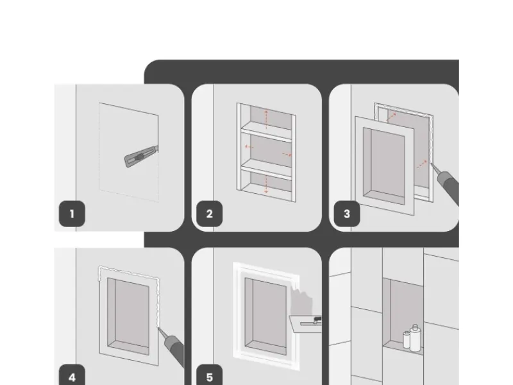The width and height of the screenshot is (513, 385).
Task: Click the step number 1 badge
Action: (72, 214)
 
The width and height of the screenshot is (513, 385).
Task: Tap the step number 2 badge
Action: (210, 214)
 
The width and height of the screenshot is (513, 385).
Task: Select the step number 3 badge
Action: (347, 214)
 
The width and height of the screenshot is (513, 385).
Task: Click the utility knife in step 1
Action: (140, 157)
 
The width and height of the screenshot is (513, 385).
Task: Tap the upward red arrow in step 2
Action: (266, 119)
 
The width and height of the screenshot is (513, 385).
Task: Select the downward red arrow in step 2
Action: (266, 184)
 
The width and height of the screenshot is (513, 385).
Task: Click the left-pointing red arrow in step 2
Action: (249, 147)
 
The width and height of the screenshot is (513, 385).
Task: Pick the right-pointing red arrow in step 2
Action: (287, 154)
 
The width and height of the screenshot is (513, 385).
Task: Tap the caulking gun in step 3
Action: (446, 184)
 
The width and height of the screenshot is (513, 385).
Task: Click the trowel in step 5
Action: (306, 324)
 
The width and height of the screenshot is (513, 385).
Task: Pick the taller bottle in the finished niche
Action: (415, 338)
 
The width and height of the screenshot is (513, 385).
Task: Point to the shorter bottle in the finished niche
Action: (407, 339)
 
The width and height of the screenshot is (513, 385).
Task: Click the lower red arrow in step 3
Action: (421, 164)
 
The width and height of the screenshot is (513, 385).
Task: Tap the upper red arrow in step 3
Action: (392, 117)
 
